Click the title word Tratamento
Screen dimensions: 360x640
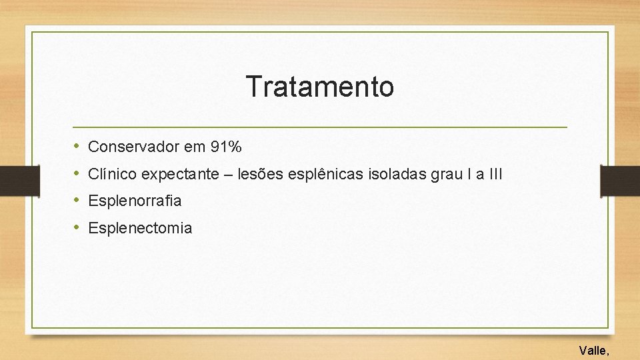pyautogui.click(x=319, y=87)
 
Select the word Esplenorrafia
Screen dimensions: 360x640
pyautogui.click(x=135, y=201)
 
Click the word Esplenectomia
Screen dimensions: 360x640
pyautogui.click(x=140, y=228)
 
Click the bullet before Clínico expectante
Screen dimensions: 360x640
pyautogui.click(x=77, y=174)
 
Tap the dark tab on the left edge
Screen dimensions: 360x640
pyautogui.click(x=13, y=180)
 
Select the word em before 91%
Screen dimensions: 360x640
pyautogui.click(x=197, y=146)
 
